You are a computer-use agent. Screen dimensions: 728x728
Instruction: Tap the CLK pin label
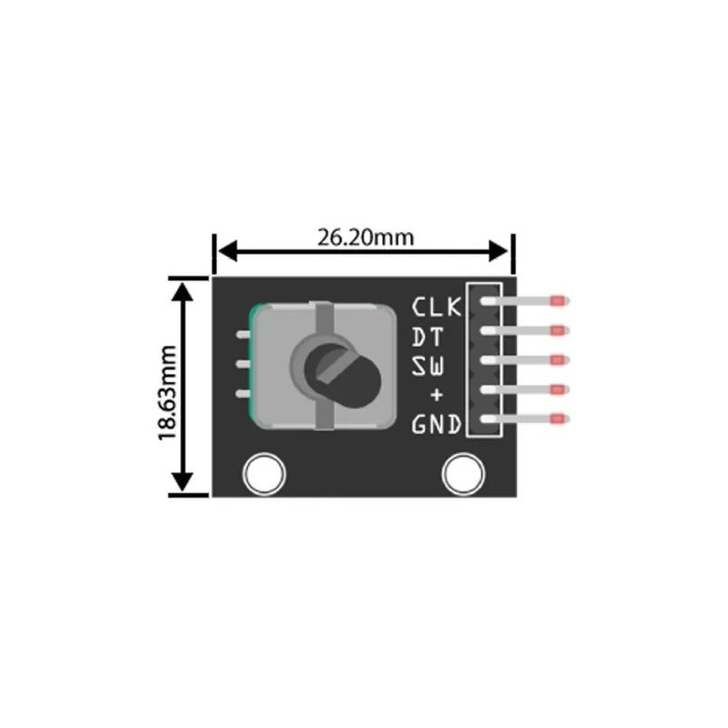click(x=437, y=306)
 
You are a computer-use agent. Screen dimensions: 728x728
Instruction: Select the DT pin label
click(x=429, y=337)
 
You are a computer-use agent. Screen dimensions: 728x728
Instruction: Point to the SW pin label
click(x=429, y=367)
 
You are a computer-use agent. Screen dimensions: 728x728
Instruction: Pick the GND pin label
click(x=437, y=424)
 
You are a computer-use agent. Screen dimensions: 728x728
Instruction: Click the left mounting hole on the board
click(x=264, y=473)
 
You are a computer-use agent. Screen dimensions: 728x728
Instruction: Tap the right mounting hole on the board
click(x=461, y=473)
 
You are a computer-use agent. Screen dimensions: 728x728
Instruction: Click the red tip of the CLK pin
click(x=559, y=299)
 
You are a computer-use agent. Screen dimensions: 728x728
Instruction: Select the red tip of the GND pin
click(x=559, y=420)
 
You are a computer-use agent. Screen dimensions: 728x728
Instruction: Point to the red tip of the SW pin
click(x=559, y=359)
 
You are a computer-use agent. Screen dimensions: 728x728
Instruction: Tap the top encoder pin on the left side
click(x=241, y=335)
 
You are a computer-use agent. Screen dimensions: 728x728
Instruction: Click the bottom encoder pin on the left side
click(x=241, y=393)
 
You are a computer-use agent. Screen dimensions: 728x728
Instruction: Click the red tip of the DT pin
click(x=559, y=329)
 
